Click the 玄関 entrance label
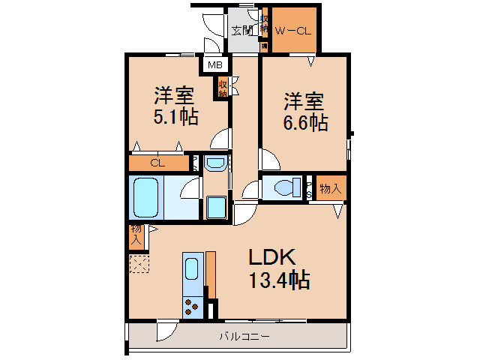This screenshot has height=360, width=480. (x=242, y=31)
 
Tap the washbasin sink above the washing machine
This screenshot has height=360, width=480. (x=214, y=163)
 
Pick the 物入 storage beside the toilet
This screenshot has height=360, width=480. (x=330, y=188)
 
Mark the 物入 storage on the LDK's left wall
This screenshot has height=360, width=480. (x=136, y=235)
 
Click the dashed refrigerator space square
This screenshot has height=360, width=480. (x=138, y=265)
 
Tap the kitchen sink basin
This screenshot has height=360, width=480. (x=192, y=268)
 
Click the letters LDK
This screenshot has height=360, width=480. (x=274, y=257)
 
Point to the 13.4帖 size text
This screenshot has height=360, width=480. (x=279, y=281)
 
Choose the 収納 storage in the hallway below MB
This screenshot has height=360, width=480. (x=223, y=88)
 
